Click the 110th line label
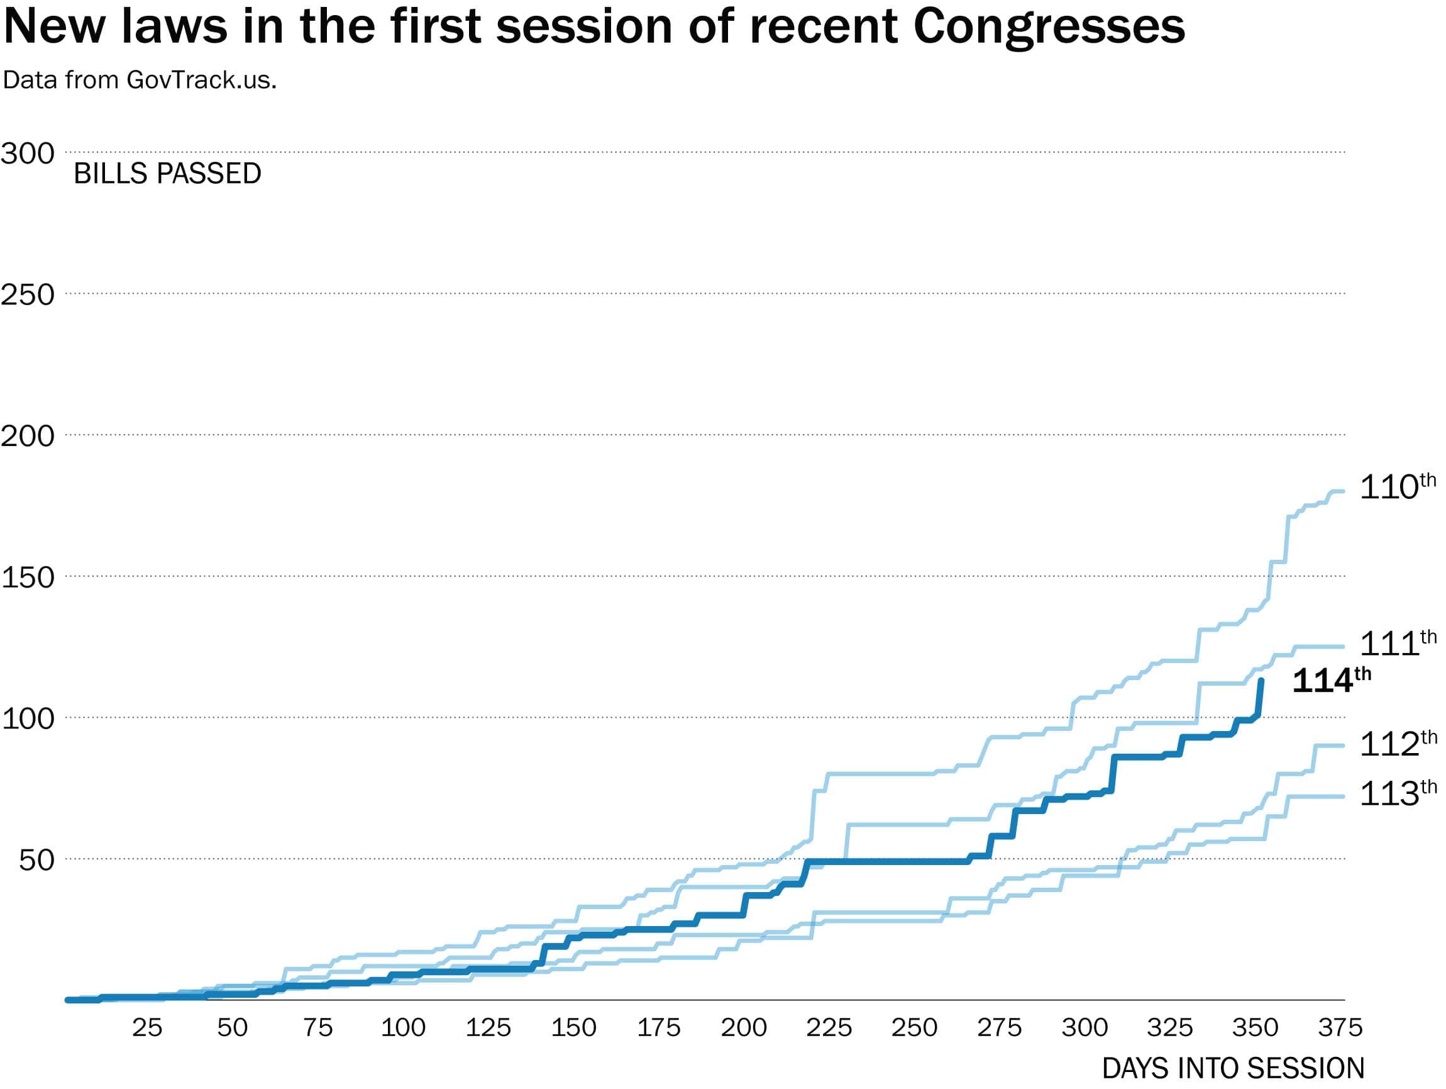[x=1396, y=488]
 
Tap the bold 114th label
[x=1331, y=681]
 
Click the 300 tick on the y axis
[x=28, y=154]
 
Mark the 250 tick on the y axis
[x=28, y=295]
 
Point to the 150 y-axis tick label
[x=28, y=578]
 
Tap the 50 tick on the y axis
[x=36, y=860]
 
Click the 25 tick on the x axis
[x=147, y=1027]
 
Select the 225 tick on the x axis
[x=829, y=1027]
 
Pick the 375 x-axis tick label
[x=1340, y=1027]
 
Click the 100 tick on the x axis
[x=404, y=1027]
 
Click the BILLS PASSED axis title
[x=167, y=174]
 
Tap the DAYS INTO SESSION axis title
[x=1233, y=1069]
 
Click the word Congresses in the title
[x=1049, y=28]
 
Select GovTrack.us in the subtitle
[x=201, y=80]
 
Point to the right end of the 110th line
[x=1343, y=491]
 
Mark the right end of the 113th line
[x=1343, y=796]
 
